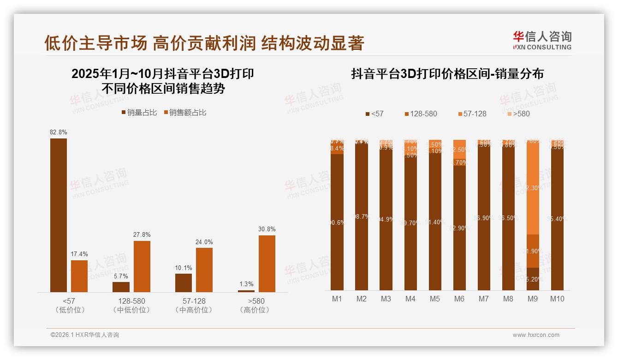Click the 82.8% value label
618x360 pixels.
pyautogui.click(x=59, y=132)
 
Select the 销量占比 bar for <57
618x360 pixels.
pyautogui.click(x=59, y=215)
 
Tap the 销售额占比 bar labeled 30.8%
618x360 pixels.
pyautogui.click(x=267, y=264)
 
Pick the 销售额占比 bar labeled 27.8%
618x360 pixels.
pyautogui.click(x=142, y=266)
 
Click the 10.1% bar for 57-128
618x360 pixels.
pyautogui.click(x=184, y=282)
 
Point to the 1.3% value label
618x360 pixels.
pyautogui.click(x=246, y=284)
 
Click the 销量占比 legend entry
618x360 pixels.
pyautogui.click(x=139, y=113)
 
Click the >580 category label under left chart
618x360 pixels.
pyautogui.click(x=255, y=301)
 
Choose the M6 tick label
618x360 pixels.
pyautogui.click(x=459, y=299)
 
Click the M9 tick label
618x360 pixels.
pyautogui.click(x=532, y=299)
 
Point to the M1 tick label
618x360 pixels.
pyautogui.click(x=337, y=299)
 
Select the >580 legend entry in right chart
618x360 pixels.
pyautogui.click(x=518, y=114)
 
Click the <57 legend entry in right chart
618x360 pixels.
pyautogui.click(x=374, y=114)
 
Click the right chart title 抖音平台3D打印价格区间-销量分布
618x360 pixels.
pyautogui.click(x=447, y=74)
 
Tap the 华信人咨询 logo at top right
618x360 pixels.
pyautogui.click(x=542, y=40)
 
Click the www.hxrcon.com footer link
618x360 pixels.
pyautogui.click(x=536, y=335)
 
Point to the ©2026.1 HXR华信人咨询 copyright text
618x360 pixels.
pyautogui.click(x=85, y=335)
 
